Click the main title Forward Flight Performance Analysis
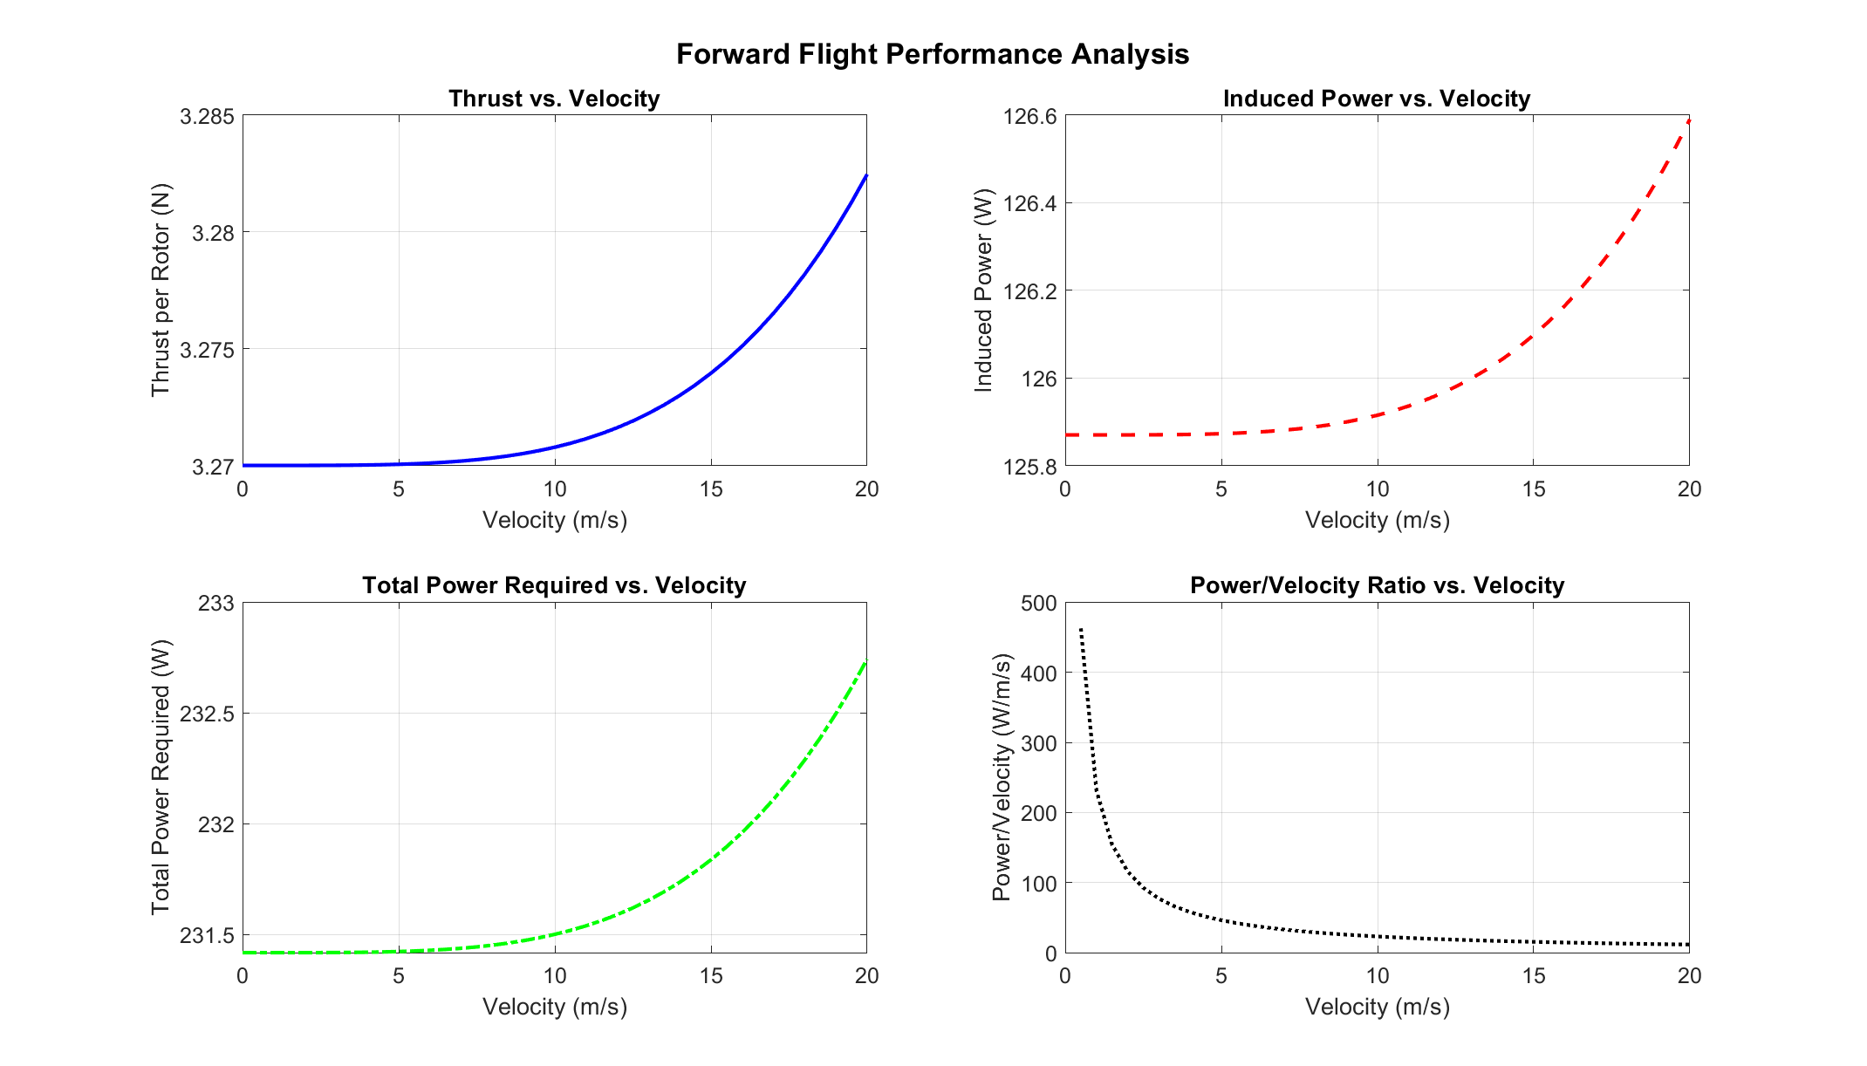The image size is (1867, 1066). (933, 54)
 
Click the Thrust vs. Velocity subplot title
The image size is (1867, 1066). (554, 99)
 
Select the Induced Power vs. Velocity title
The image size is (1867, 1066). (1376, 99)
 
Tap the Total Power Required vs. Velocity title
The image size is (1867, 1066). (554, 585)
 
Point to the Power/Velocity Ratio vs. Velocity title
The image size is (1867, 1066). (1376, 585)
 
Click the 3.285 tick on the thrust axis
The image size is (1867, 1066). (207, 117)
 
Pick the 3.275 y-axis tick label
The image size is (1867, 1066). (207, 350)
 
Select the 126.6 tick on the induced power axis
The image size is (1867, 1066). (1029, 117)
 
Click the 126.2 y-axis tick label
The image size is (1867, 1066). (1029, 291)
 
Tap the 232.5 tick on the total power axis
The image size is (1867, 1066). (207, 714)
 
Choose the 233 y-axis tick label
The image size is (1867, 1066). (215, 604)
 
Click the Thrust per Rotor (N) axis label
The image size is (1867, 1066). (161, 290)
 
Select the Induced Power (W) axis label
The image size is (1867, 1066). (983, 290)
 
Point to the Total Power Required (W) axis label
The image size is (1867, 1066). (161, 777)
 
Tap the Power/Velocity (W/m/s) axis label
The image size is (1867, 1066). (1002, 777)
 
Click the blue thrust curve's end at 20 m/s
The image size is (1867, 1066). (865, 176)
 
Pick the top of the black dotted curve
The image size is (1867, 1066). (1081, 629)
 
